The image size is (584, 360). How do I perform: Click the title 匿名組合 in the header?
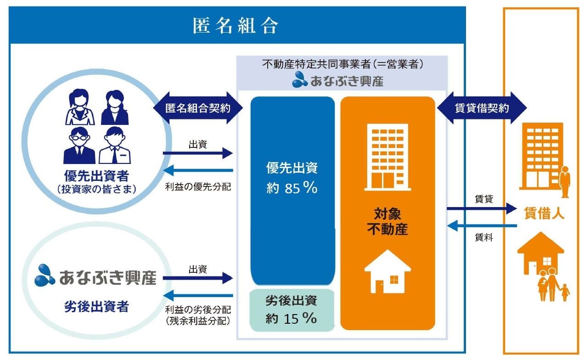(x=236, y=26)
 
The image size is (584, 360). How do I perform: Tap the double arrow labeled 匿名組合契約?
(x=198, y=108)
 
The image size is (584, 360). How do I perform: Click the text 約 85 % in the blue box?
(x=292, y=188)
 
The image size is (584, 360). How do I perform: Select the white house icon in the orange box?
(x=387, y=272)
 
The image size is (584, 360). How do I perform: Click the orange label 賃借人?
(x=544, y=214)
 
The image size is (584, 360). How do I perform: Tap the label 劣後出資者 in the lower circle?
(x=96, y=307)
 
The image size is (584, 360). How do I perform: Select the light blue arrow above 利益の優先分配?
(x=198, y=171)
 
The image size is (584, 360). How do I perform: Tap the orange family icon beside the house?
(x=554, y=285)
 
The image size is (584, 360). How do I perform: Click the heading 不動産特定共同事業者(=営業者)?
(x=342, y=65)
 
